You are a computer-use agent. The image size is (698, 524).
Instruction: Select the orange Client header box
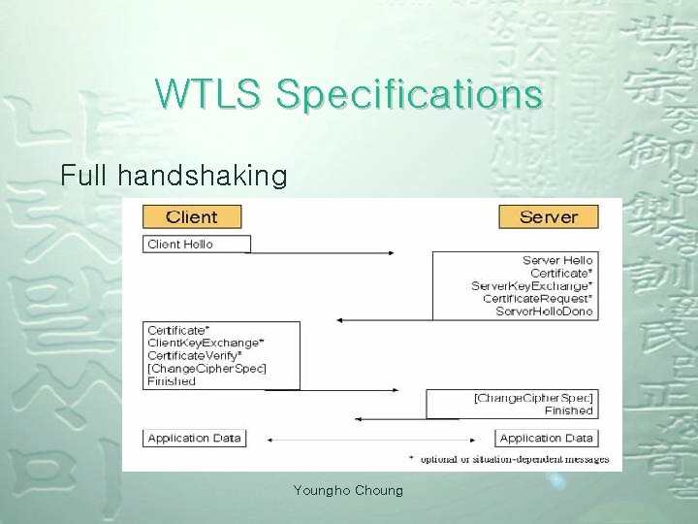pos(192,215)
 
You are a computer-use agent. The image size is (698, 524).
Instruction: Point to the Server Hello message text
pos(557,261)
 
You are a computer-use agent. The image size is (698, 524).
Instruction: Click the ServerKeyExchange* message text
pos(531,286)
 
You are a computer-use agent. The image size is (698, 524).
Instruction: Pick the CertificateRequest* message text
pos(537,299)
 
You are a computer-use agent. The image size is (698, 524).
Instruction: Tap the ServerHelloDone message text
pos(544,311)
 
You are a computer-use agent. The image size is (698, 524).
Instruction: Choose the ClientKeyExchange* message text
pos(206,344)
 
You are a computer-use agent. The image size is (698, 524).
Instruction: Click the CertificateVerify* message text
pos(196,356)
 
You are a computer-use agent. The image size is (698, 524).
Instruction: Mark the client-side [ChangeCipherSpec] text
pos(206,369)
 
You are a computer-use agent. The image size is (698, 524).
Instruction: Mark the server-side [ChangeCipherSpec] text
pos(533,399)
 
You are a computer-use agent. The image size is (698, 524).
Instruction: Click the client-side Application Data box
pos(194,439)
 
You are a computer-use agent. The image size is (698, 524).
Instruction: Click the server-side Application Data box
pos(546,439)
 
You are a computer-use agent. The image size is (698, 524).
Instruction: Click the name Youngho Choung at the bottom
pos(348,491)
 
